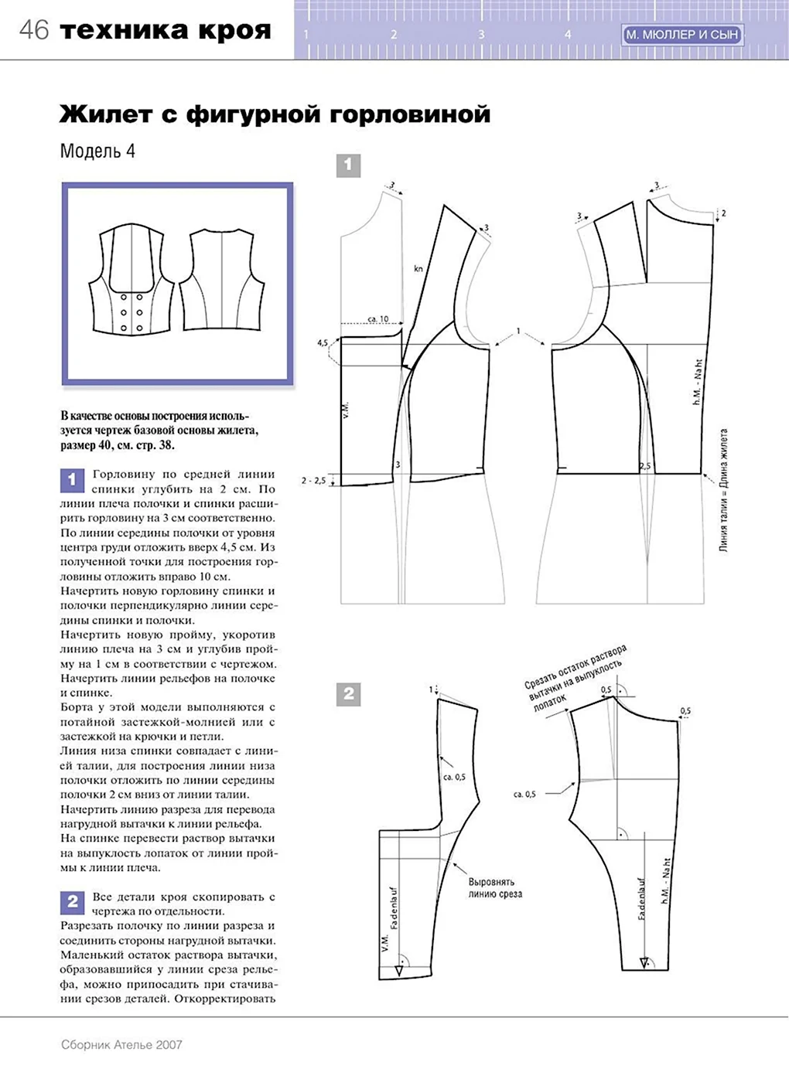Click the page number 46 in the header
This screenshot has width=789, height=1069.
click(34, 31)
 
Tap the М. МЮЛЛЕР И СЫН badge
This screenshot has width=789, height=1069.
click(683, 34)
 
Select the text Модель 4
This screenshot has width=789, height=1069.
click(98, 151)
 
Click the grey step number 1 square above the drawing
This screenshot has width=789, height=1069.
click(348, 165)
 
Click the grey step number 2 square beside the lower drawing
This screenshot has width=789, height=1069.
click(348, 694)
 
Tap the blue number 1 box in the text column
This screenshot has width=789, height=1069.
click(72, 480)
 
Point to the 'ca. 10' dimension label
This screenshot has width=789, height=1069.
click(377, 318)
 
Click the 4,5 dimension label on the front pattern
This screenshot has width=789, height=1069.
click(323, 342)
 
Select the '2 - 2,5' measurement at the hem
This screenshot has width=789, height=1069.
click(313, 481)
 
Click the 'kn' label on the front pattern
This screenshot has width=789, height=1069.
click(418, 269)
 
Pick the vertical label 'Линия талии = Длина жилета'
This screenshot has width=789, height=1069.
click(724, 491)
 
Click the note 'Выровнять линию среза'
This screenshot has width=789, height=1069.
click(495, 887)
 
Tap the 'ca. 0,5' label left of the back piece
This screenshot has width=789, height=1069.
click(524, 795)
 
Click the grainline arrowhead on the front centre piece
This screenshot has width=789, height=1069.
click(399, 971)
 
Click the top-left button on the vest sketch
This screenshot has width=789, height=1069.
click(124, 297)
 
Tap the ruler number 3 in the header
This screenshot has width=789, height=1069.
click(481, 34)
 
